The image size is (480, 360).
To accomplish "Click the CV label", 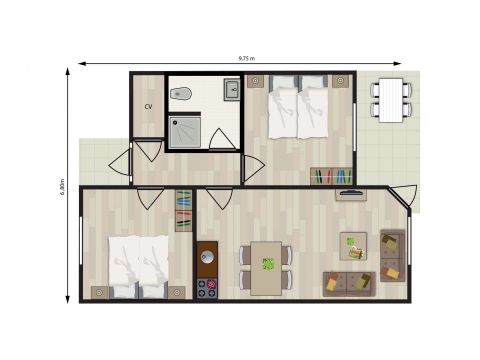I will coord(148,105).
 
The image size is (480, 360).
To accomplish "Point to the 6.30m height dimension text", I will coord(62,187).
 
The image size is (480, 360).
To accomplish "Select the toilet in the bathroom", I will coord(181,95).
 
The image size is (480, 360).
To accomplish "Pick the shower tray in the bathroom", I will coord(185,131).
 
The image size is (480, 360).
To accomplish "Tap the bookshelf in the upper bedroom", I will coord(330,176).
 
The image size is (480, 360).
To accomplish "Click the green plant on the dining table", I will coord(268,265).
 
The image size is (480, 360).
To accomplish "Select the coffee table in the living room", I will coord(353,246).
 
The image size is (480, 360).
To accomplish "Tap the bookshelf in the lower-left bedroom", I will coord(184,210).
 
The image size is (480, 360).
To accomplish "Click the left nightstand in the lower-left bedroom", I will coord(99,292).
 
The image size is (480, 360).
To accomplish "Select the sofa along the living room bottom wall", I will coord(347,284).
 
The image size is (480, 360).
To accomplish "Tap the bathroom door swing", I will coord(223,139).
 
